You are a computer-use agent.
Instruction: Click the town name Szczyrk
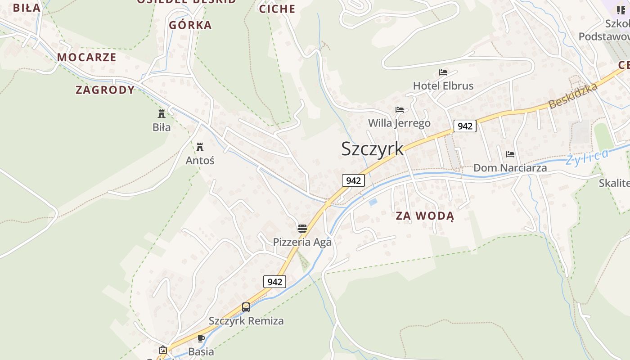372,149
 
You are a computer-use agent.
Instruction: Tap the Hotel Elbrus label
443,85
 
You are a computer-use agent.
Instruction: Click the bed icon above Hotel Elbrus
443,72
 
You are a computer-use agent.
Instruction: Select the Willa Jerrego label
399,123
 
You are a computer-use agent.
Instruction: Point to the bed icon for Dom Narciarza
510,154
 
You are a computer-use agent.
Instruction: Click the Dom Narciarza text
510,168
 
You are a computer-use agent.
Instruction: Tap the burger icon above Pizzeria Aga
302,229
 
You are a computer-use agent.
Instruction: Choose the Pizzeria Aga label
302,242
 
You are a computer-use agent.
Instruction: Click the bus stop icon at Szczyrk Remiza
246,307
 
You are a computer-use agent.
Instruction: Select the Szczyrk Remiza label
246,321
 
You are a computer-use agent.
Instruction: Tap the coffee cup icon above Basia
201,338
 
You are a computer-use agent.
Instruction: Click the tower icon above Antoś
200,147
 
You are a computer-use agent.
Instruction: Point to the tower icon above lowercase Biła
162,113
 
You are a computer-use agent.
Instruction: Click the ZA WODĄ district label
425,216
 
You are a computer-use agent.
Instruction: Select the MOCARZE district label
87,57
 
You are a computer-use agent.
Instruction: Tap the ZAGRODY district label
105,90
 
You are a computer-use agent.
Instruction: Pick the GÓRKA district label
190,25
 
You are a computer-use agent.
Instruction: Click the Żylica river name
587,157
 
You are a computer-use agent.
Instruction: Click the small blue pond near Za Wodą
373,202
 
